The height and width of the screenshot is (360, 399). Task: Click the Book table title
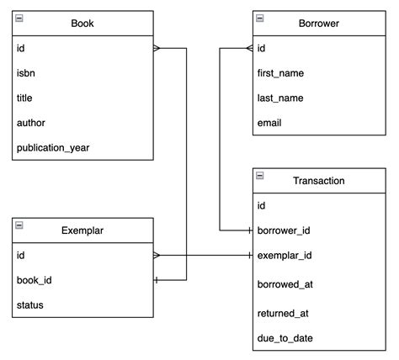[82, 24]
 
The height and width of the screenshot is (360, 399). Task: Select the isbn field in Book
[27, 73]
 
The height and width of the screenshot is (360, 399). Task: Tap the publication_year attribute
[52, 148]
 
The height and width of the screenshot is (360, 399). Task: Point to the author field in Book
[31, 123]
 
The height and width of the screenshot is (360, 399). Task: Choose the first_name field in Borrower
[280, 73]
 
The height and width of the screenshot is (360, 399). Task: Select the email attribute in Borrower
[269, 123]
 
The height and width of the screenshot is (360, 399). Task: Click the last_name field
[279, 98]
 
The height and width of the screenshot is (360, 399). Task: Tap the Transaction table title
[318, 180]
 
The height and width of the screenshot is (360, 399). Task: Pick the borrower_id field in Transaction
[285, 230]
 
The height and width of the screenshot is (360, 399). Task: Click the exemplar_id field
[285, 255]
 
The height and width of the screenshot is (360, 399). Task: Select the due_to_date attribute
[285, 339]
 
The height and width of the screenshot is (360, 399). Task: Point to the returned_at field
[281, 313]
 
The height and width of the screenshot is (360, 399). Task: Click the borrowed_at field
[283, 285]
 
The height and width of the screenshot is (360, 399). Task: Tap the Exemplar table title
[82, 230]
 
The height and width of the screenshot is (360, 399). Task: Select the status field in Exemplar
[30, 304]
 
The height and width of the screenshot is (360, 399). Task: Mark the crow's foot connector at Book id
[157, 49]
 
